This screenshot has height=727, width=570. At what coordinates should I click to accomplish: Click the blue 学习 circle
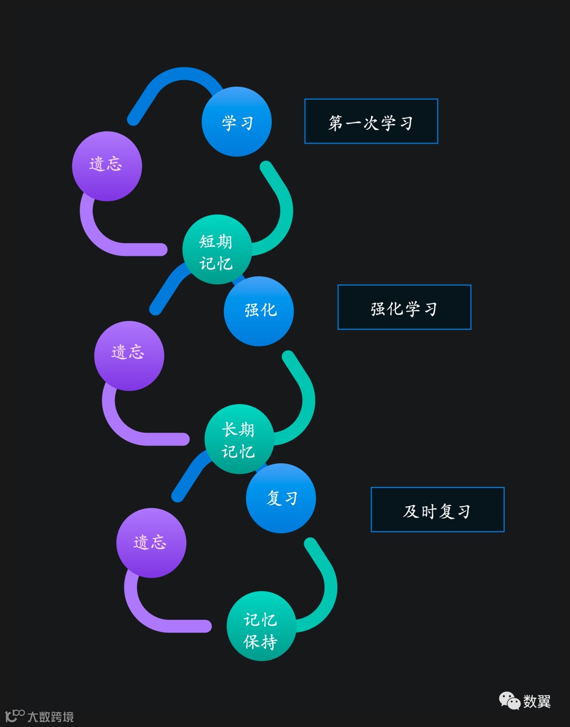click(236, 122)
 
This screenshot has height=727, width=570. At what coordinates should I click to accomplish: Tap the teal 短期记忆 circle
click(216, 250)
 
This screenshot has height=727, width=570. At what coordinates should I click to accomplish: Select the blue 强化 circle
click(259, 311)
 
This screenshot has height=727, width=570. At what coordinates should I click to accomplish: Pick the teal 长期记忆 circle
click(239, 439)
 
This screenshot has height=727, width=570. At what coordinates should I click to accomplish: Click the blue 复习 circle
click(281, 498)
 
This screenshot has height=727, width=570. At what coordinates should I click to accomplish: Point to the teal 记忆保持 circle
click(261, 626)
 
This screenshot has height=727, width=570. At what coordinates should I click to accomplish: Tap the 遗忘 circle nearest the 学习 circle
click(107, 166)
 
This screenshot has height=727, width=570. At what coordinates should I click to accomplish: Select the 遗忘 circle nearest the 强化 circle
click(129, 356)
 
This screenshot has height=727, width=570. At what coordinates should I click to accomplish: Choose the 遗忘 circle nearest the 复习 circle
click(151, 543)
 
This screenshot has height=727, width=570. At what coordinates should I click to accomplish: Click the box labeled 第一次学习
click(371, 121)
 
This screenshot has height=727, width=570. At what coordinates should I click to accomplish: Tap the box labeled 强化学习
click(404, 307)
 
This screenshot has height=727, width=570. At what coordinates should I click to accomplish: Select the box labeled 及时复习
click(438, 510)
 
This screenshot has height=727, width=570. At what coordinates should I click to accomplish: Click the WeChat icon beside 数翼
click(509, 701)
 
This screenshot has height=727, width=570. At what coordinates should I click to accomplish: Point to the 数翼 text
click(537, 701)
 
